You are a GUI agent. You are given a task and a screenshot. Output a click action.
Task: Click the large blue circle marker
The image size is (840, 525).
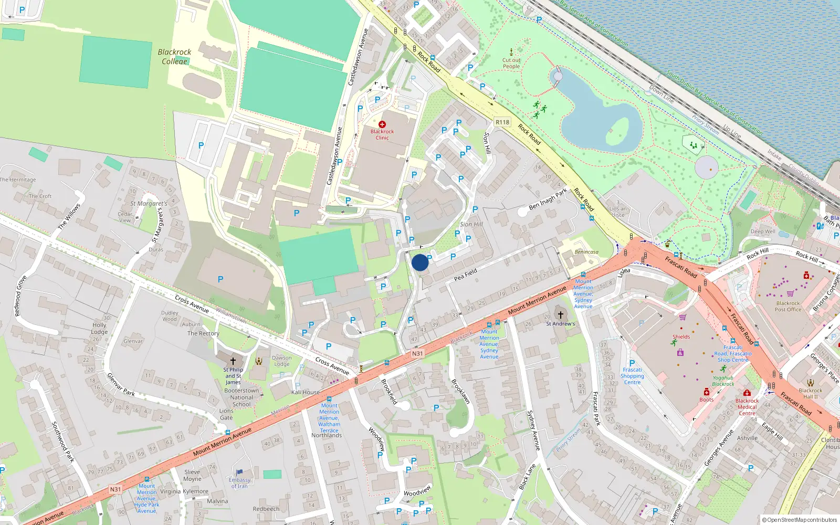[420, 262]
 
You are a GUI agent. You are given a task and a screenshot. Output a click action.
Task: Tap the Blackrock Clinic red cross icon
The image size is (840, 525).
[382, 125]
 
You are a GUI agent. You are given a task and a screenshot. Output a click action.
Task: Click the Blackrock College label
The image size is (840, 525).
[174, 57]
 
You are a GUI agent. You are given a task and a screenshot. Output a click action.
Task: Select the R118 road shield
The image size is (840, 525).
[502, 122]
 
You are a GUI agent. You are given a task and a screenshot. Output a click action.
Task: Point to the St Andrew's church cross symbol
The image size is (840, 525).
[560, 315]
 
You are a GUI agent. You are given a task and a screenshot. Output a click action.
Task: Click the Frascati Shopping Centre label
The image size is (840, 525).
[632, 376]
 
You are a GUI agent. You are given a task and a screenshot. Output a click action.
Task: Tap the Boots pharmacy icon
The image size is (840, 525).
[707, 392]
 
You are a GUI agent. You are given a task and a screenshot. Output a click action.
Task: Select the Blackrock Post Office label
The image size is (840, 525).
[788, 307]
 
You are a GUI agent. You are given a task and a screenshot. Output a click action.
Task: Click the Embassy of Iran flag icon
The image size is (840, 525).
[239, 472]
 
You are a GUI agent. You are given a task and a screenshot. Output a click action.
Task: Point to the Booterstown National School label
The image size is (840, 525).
[241, 397]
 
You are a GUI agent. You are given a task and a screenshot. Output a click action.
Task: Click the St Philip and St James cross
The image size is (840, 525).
[233, 361]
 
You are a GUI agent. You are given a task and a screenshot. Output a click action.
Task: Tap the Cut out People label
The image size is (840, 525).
[511, 64]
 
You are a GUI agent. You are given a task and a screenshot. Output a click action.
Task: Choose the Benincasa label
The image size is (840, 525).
[586, 252]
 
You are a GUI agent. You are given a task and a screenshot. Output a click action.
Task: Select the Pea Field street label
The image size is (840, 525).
[465, 274]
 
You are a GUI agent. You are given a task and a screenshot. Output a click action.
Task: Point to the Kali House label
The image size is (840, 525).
[306, 392]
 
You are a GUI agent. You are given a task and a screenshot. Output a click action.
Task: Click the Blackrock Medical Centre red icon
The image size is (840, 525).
[747, 393]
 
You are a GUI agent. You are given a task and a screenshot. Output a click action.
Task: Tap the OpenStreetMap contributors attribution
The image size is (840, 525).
[800, 520]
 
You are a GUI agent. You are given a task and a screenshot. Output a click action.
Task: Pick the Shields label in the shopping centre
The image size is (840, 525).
[681, 337]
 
